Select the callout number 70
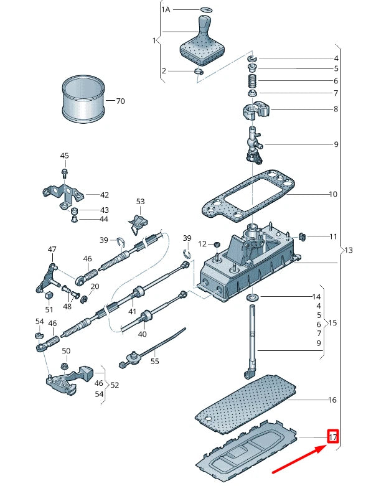coord(120,101)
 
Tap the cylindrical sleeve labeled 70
coord(83,98)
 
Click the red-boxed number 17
coord(333,437)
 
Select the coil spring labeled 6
coord(253,81)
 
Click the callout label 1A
coord(166,9)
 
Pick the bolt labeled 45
coord(65,173)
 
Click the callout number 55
coord(154,361)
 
